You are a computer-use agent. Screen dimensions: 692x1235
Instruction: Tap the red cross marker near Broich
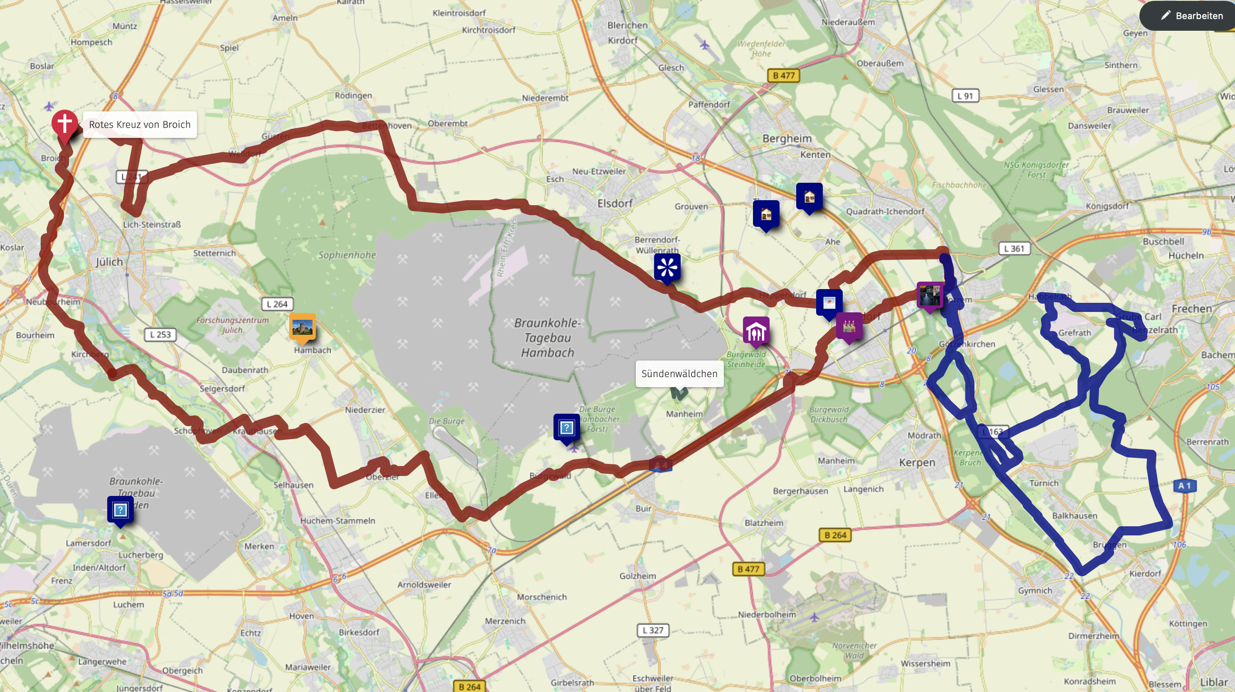pyautogui.click(x=65, y=124)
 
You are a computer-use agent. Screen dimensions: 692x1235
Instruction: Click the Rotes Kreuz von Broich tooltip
pyautogui.click(x=140, y=125)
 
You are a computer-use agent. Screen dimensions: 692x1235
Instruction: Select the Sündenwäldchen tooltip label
pyautogui.click(x=679, y=374)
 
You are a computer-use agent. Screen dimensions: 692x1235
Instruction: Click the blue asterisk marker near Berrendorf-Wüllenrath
pyautogui.click(x=667, y=267)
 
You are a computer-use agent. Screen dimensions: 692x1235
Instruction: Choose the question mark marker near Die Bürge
pyautogui.click(x=566, y=427)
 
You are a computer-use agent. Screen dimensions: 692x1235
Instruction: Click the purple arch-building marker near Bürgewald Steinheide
pyautogui.click(x=756, y=331)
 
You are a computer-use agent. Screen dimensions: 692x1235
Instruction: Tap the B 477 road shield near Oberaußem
pyautogui.click(x=783, y=75)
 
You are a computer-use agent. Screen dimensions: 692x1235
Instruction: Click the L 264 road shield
pyautogui.click(x=277, y=304)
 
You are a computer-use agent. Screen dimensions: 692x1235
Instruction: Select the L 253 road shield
pyautogui.click(x=160, y=334)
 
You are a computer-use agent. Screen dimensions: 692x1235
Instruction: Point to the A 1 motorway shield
pyautogui.click(x=1184, y=486)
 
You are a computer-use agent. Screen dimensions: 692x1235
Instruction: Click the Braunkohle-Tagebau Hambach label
pyautogui.click(x=547, y=337)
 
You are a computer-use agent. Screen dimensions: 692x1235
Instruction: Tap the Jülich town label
pyautogui.click(x=109, y=262)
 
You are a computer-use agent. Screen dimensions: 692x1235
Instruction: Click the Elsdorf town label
pyautogui.click(x=615, y=204)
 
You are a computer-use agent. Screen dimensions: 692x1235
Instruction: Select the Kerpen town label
pyautogui.click(x=917, y=462)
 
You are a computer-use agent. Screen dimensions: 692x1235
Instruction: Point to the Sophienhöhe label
pyautogui.click(x=347, y=255)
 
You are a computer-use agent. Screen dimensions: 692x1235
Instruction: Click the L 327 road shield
pyautogui.click(x=652, y=630)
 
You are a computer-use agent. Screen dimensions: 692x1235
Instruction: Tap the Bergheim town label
pyautogui.click(x=787, y=138)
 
